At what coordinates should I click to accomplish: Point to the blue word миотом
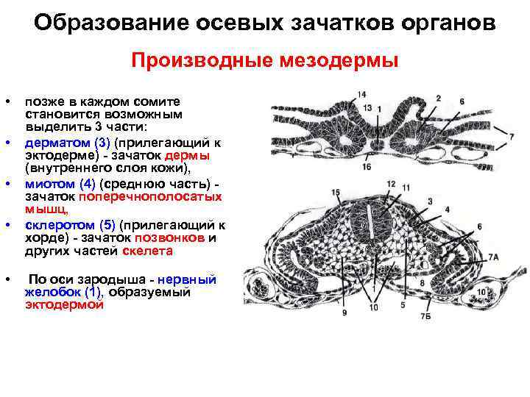47,183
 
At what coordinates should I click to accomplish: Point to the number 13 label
367,108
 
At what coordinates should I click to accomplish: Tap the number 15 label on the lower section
336,193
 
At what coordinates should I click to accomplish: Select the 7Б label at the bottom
425,317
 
